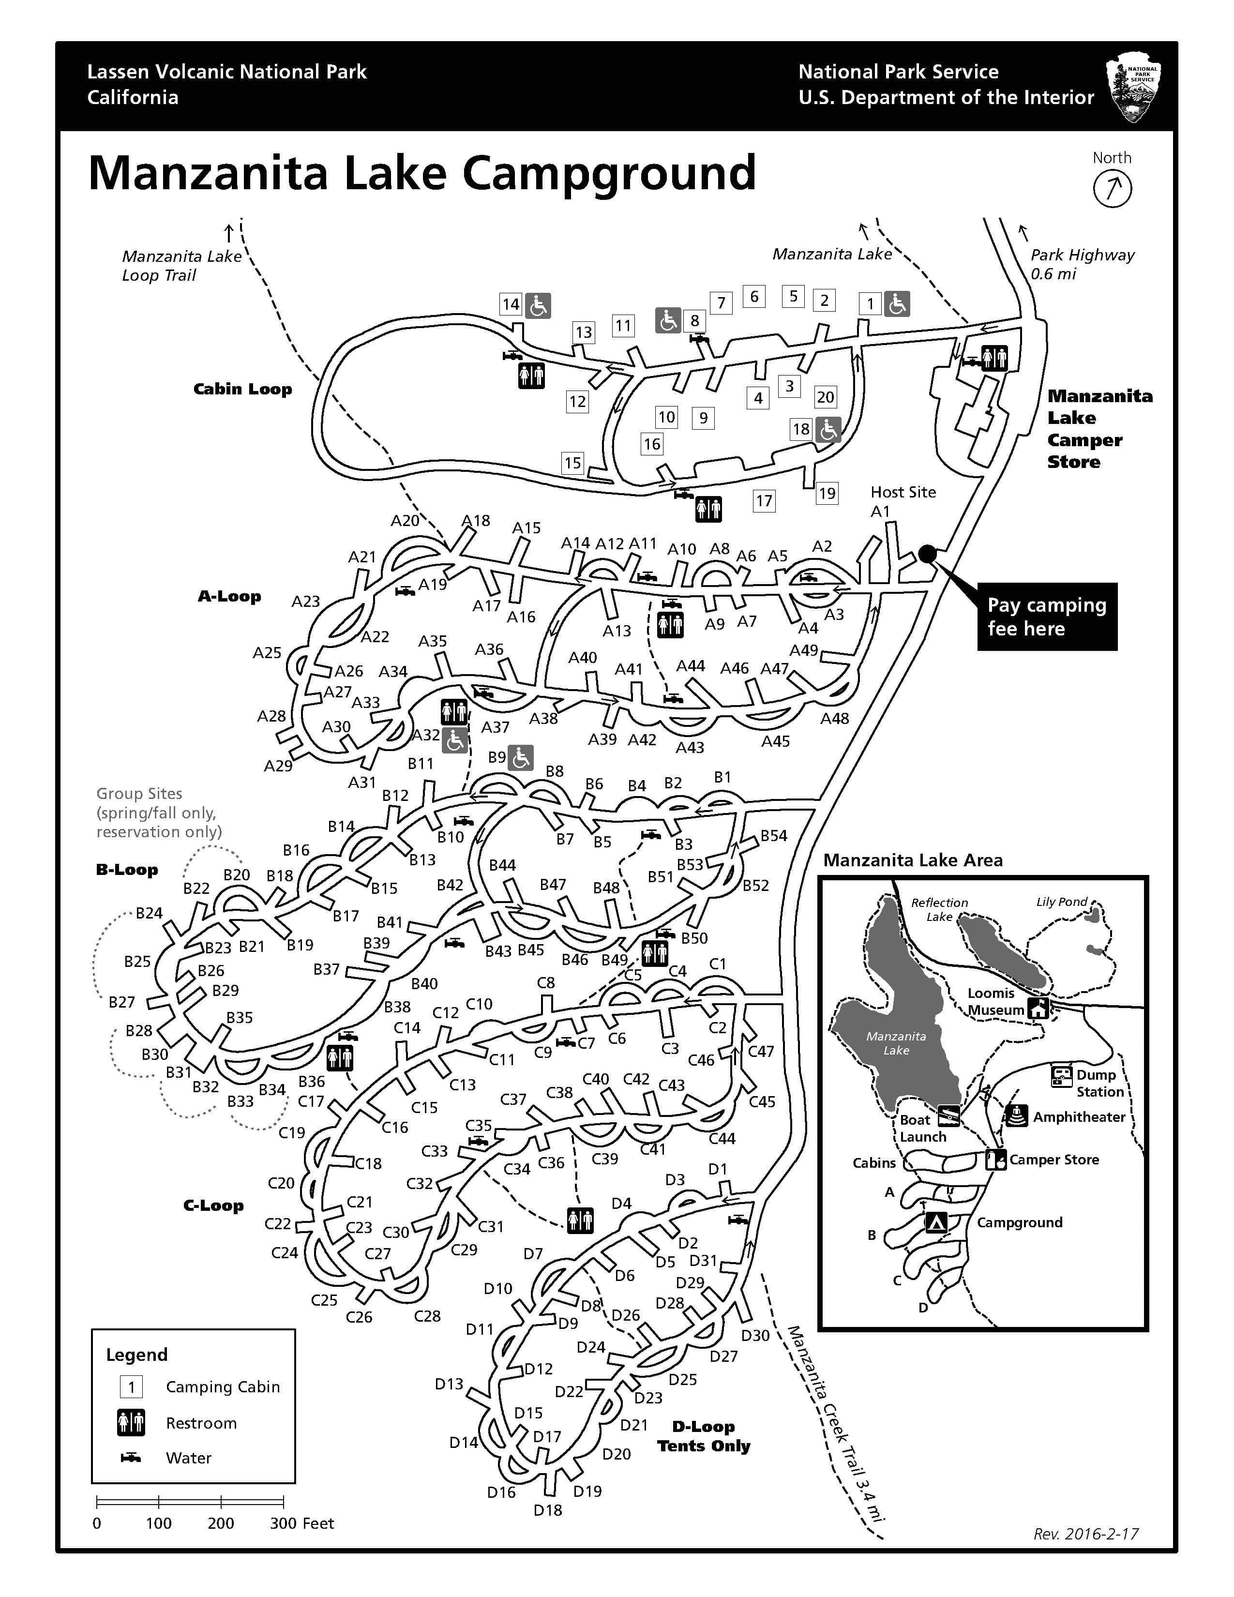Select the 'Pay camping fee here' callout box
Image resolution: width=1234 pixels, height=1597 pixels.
point(1046,617)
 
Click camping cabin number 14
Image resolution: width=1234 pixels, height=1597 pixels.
point(510,304)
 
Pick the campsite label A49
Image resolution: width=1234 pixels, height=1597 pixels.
point(803,650)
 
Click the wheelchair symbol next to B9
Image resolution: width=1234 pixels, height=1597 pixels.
point(521,758)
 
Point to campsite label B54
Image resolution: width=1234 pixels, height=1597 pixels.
point(773,836)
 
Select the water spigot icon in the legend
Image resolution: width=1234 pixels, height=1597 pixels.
point(131,1457)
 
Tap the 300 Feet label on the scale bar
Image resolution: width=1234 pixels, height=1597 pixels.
point(301,1523)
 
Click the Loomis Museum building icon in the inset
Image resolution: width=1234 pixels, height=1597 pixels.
point(1038,1009)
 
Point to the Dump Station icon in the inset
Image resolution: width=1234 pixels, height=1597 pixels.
point(1061,1076)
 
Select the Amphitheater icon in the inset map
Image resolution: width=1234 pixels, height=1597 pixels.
point(1017,1116)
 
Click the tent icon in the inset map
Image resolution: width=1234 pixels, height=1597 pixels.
point(936,1222)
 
